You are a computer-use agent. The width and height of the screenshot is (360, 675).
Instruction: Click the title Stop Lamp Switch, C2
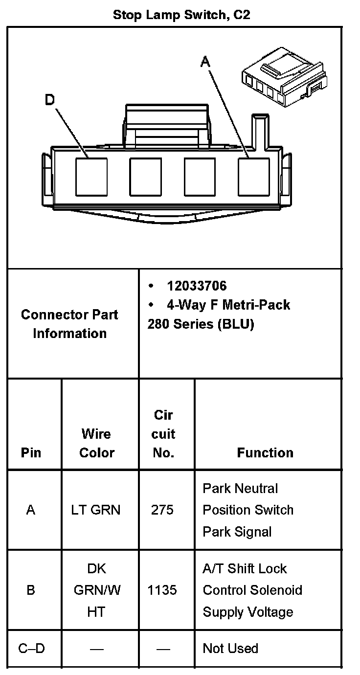point(181,15)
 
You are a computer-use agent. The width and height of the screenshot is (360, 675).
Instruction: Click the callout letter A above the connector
point(205,62)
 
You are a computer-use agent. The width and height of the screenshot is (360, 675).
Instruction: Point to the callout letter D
point(50,100)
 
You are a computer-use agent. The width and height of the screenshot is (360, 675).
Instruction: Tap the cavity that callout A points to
point(254,177)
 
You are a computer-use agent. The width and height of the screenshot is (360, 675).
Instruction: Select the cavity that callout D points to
point(91,177)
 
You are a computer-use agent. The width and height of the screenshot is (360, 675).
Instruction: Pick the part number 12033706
point(197,286)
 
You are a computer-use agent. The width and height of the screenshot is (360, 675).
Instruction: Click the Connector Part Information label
point(69,324)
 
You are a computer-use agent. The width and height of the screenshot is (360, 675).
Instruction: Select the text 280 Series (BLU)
point(201,324)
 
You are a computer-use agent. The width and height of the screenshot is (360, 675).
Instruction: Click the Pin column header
point(31,452)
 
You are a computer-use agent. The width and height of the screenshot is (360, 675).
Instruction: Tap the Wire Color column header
point(96,443)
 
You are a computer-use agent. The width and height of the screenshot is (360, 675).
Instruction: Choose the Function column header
point(265,452)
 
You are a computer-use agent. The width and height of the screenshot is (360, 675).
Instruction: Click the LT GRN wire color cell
point(96,510)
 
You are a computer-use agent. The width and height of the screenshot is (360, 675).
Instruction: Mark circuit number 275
point(162,510)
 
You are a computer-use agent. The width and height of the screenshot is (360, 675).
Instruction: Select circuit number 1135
point(162,590)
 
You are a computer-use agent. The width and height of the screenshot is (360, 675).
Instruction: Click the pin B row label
point(31,590)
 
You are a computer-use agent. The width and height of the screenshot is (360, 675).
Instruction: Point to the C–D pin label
point(31,649)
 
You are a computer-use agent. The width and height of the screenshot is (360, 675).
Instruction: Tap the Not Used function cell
point(230,649)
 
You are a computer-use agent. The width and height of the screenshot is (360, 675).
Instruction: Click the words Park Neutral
point(240,489)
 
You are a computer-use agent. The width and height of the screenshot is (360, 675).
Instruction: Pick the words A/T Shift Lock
point(245,569)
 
